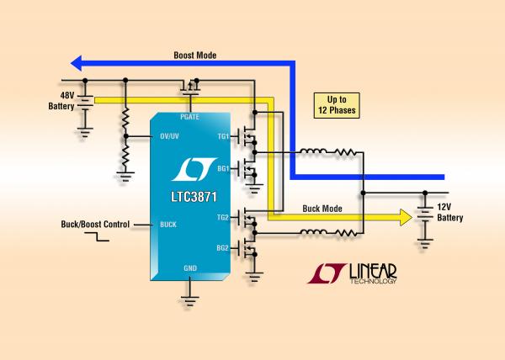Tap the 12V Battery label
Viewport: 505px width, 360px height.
tap(450, 214)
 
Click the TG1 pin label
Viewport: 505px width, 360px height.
tap(222, 136)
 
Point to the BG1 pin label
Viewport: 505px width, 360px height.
tap(222, 169)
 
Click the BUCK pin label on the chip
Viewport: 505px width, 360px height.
tap(167, 225)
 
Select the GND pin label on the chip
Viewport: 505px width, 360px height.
tap(191, 267)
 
